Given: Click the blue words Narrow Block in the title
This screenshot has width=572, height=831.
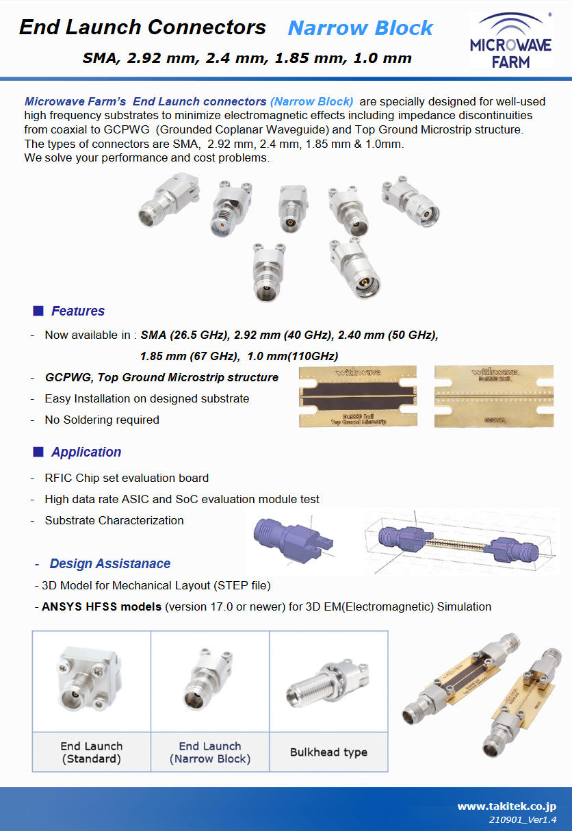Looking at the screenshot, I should click(360, 28).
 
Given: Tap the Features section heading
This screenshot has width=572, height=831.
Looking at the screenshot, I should click(78, 311).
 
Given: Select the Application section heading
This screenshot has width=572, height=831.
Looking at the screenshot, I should click(86, 452).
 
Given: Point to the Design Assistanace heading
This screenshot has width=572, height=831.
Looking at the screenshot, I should click(109, 564).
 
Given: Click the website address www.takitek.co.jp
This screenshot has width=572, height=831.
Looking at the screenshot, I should click(506, 807).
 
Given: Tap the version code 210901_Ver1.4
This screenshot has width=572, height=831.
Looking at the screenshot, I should click(522, 819).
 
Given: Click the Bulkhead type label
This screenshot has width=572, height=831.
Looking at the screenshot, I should click(328, 752).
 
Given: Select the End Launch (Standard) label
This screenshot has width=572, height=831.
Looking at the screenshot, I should click(92, 752).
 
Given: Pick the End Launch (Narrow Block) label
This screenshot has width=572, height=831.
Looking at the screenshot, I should click(210, 752).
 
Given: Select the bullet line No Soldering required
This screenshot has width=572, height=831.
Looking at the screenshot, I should click(102, 420).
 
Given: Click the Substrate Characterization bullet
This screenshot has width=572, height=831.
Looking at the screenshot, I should click(114, 521).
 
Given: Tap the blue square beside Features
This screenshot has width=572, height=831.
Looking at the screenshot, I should click(38, 311).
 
